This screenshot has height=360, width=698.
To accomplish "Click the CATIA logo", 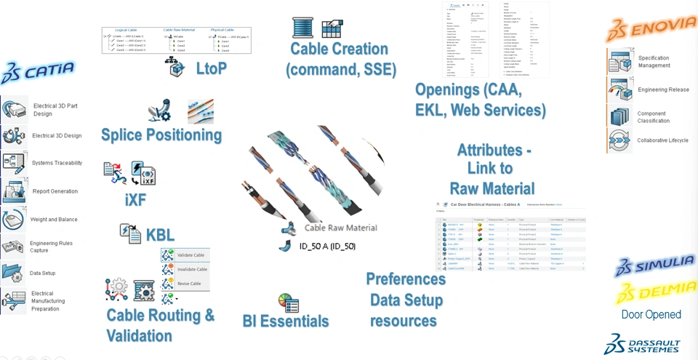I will pyautogui.click(x=38, y=71).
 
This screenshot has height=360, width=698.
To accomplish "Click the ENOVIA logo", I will pyautogui.click(x=651, y=29).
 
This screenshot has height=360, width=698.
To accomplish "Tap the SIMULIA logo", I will pyautogui.click(x=654, y=265).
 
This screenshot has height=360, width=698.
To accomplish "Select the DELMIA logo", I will pyautogui.click(x=656, y=292).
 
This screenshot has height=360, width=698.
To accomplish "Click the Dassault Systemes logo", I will pyautogui.click(x=642, y=345).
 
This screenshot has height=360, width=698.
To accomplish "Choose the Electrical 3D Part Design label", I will pyautogui.click(x=55, y=110).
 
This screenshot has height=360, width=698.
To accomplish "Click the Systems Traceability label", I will pyautogui.click(x=57, y=163).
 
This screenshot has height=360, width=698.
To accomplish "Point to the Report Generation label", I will pyautogui.click(x=55, y=191).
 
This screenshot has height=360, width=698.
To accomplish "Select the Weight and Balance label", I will pyautogui.click(x=54, y=219).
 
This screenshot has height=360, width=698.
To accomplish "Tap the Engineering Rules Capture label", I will pyautogui.click(x=51, y=247).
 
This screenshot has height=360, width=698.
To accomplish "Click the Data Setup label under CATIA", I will pyautogui.click(x=43, y=273).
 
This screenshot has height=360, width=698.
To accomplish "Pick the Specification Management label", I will pyautogui.click(x=654, y=62).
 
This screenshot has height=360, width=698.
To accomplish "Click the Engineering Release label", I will pyautogui.click(x=664, y=89).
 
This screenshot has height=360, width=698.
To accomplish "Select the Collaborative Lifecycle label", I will pyautogui.click(x=663, y=140).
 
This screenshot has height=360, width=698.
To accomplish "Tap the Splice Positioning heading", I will pyautogui.click(x=161, y=135).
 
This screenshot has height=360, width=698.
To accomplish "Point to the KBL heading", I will pyautogui.click(x=160, y=235).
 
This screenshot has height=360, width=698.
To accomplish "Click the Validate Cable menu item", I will pyautogui.click(x=190, y=255).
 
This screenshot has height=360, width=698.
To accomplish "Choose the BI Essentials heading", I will pyautogui.click(x=286, y=321).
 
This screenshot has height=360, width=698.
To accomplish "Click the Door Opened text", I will pyautogui.click(x=651, y=315).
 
